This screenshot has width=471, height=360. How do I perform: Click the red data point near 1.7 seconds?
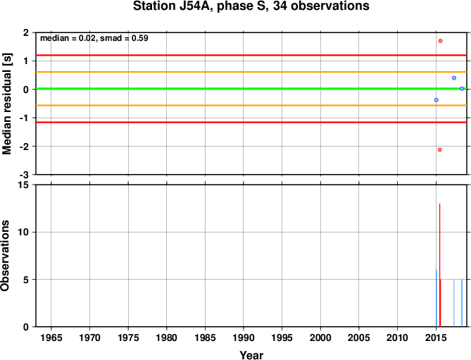(x=440, y=41)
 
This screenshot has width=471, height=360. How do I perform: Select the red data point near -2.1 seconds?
(x=440, y=149)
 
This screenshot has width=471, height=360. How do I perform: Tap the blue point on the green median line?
(x=462, y=89)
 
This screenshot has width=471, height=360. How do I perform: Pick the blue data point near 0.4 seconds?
(x=454, y=77)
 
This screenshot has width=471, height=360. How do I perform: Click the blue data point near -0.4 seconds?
(x=437, y=100)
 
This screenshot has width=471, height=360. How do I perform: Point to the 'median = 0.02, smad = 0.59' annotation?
(x=94, y=38)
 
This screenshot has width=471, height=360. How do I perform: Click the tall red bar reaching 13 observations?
(x=440, y=265)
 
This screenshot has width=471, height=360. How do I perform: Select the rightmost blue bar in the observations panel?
(x=462, y=303)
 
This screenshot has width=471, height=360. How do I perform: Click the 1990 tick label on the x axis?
(x=244, y=337)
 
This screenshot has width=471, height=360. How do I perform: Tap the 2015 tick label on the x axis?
(x=436, y=337)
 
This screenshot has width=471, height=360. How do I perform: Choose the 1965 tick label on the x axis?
(x=51, y=337)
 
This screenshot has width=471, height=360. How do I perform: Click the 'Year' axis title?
(x=251, y=355)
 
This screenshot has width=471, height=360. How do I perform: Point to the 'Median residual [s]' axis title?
(x=6, y=104)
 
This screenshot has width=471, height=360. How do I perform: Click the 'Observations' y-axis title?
(x=5, y=256)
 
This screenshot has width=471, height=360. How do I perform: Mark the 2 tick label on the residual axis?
(x=27, y=32)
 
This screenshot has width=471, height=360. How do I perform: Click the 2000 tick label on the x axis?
(x=320, y=337)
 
